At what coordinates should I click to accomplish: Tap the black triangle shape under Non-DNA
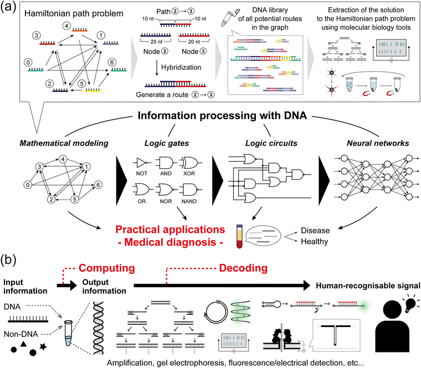26,345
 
